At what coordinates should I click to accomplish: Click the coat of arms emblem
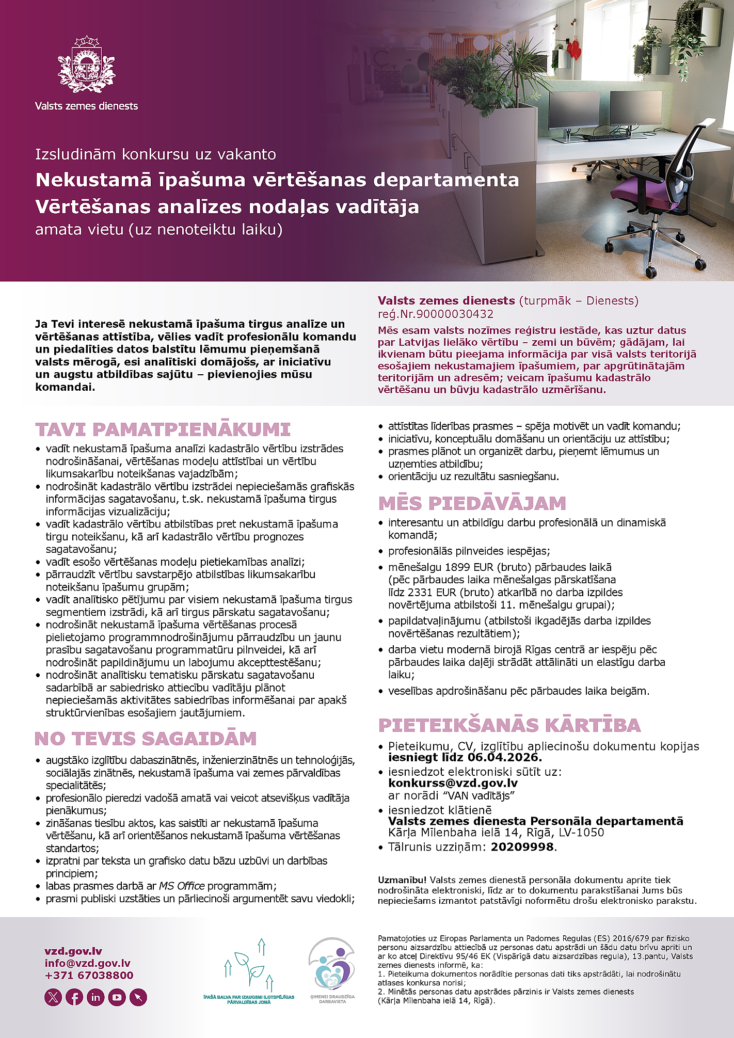click(x=86, y=64)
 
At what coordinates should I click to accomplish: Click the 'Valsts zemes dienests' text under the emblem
click(x=86, y=106)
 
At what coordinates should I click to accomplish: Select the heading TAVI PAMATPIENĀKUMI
click(x=163, y=429)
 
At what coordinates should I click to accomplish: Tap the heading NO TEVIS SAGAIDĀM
click(x=146, y=739)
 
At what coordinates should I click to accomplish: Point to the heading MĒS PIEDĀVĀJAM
click(x=472, y=503)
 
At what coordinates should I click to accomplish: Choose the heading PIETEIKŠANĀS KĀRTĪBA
click(x=509, y=725)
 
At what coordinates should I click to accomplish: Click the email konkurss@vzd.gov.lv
click(x=453, y=783)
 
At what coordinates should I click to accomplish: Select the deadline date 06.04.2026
click(x=504, y=758)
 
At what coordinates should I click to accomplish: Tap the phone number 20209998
click(x=522, y=847)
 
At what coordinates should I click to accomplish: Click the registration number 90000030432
click(x=454, y=314)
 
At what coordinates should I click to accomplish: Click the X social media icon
click(x=53, y=997)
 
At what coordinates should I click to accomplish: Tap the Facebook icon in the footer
click(x=74, y=997)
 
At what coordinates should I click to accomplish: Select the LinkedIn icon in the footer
click(x=95, y=997)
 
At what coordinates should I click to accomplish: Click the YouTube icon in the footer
click(x=117, y=997)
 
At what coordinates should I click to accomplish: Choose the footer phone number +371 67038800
click(x=89, y=976)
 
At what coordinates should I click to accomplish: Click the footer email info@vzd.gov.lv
click(x=87, y=963)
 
